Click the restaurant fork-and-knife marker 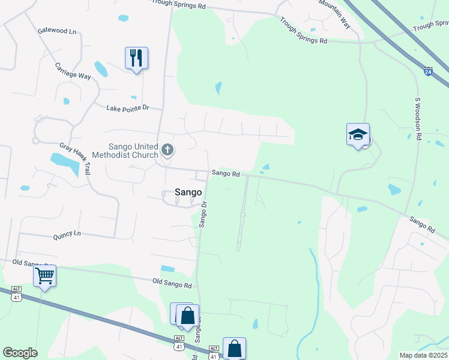click(x=136, y=58)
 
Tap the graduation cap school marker click(x=358, y=134)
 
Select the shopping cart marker click(x=44, y=276)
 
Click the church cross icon click(x=167, y=149)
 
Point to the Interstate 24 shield click(x=427, y=71)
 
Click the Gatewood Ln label click(x=57, y=31)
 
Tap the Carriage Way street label click(x=73, y=71)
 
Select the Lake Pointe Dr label click(x=127, y=108)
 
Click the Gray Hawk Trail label click(x=74, y=158)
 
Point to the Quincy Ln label click(x=66, y=233)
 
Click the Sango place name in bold click(x=188, y=192)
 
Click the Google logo click(x=20, y=353)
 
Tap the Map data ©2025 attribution click(x=423, y=355)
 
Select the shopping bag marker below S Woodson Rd click(x=234, y=348)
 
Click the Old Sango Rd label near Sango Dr click(x=172, y=281)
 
